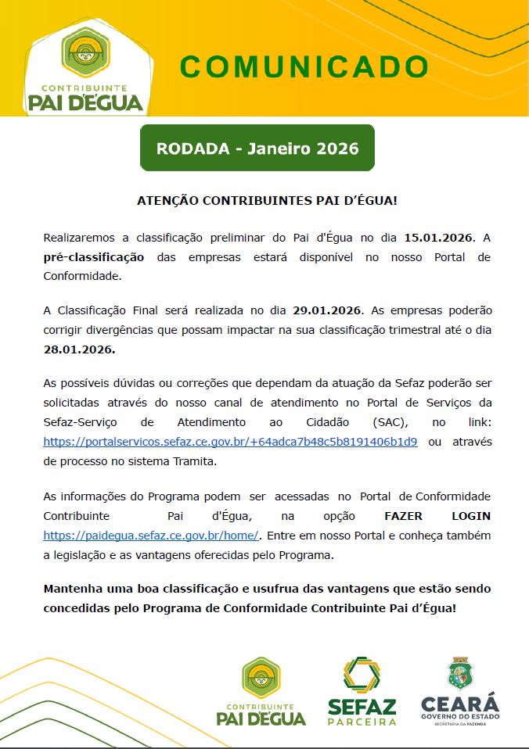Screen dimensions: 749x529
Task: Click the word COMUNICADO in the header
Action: coord(304,66)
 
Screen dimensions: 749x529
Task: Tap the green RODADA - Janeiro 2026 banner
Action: coord(257,148)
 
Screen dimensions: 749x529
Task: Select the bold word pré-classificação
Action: coord(94,256)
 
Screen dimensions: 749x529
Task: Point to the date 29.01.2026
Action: coord(328,310)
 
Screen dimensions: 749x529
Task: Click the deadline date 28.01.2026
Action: coord(79,349)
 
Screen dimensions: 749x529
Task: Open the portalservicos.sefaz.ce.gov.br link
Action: coord(230,442)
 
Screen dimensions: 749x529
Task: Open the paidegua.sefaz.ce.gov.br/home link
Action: coord(151,536)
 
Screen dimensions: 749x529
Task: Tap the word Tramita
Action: coord(191,461)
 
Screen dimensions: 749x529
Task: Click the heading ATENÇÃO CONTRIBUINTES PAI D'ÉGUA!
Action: coord(267,200)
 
